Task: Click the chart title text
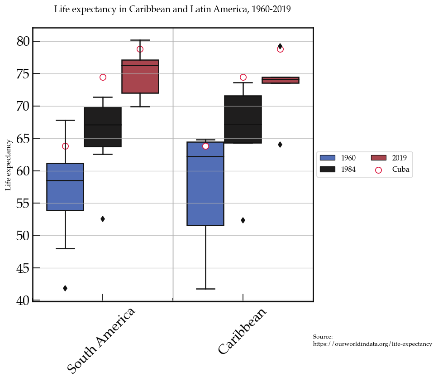point(172,10)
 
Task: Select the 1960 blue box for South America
point(65,187)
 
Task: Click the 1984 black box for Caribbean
point(243,119)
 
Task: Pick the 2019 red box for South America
point(140,76)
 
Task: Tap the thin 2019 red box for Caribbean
point(280,80)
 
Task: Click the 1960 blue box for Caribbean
point(205,184)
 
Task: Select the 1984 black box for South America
point(103,127)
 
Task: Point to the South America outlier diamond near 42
point(65,288)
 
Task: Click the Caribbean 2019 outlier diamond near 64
point(280,145)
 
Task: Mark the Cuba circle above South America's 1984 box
point(103,78)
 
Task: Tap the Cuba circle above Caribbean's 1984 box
point(243,78)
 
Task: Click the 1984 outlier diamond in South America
point(103,219)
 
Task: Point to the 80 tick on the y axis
point(23,41)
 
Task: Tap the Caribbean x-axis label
point(242,331)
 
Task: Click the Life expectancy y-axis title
point(8,165)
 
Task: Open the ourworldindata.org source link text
point(372,344)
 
